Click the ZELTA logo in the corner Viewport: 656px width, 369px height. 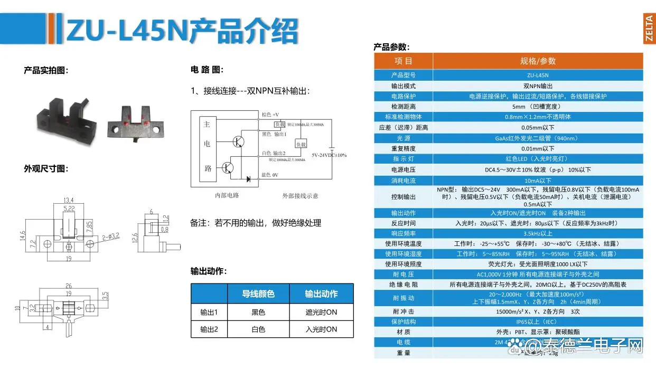[649, 30]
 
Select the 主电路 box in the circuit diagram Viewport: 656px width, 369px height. [208, 147]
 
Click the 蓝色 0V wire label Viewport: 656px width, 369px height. [269, 175]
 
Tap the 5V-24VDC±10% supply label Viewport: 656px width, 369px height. [329, 155]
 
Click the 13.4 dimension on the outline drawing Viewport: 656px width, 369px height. [68, 200]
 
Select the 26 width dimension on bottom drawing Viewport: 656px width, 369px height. [69, 286]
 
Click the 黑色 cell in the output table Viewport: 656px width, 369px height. [258, 313]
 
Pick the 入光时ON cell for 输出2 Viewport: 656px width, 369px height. [321, 329]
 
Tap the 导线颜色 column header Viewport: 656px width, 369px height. [258, 294]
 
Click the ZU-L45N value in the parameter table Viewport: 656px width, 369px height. [538, 75]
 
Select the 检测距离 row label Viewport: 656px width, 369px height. [404, 106]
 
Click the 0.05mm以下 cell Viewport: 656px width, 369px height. [538, 127]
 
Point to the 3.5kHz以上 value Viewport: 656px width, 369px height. [538, 233]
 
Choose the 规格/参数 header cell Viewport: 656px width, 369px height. [538, 61]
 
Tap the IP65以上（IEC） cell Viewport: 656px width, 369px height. [538, 321]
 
